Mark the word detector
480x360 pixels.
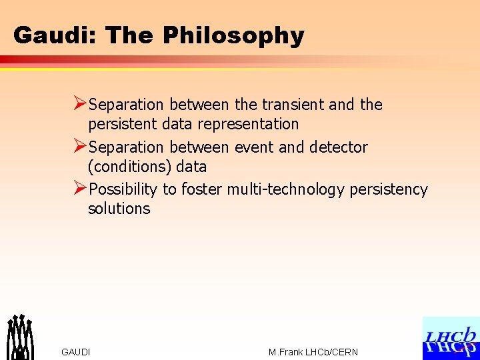[338, 147]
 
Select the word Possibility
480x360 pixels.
[123, 189]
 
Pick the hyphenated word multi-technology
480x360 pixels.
[285, 189]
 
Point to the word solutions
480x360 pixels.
[119, 209]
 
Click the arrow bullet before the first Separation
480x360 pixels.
[79, 104]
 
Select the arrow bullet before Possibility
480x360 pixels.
[79, 189]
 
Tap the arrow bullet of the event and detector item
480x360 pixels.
[79, 146]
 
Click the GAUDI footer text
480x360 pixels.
[75, 352]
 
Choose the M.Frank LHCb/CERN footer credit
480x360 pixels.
[313, 352]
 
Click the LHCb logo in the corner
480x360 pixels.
[451, 339]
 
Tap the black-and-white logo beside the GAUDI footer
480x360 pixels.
[20, 337]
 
